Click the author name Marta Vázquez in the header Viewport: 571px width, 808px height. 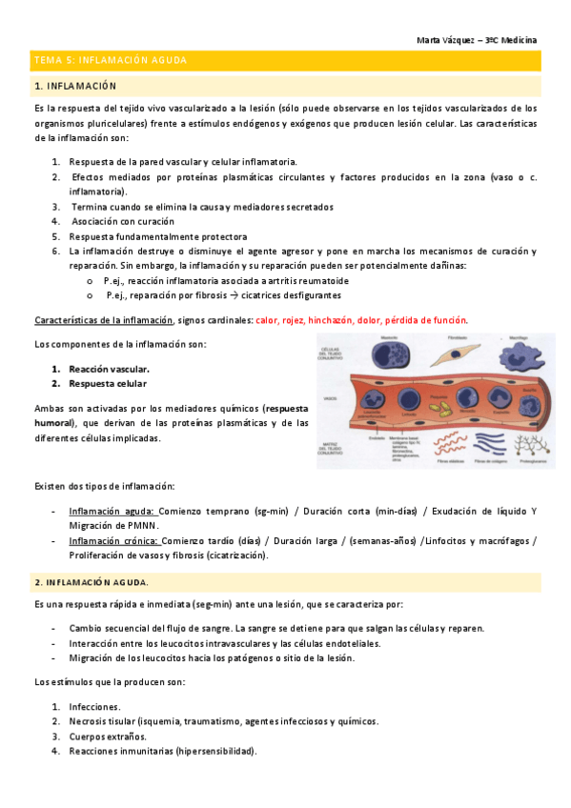click(x=448, y=40)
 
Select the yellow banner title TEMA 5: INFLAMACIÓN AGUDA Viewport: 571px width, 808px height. click(x=111, y=60)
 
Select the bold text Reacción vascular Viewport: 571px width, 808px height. click(x=110, y=368)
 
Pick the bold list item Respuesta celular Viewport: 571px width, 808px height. click(x=108, y=383)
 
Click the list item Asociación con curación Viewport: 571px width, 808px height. click(x=122, y=221)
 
